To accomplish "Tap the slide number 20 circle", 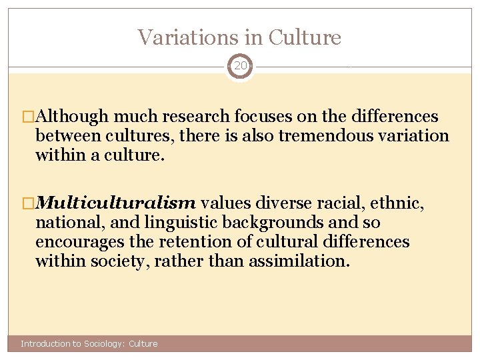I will tap(240, 66).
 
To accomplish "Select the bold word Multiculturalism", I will tap(115, 203).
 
